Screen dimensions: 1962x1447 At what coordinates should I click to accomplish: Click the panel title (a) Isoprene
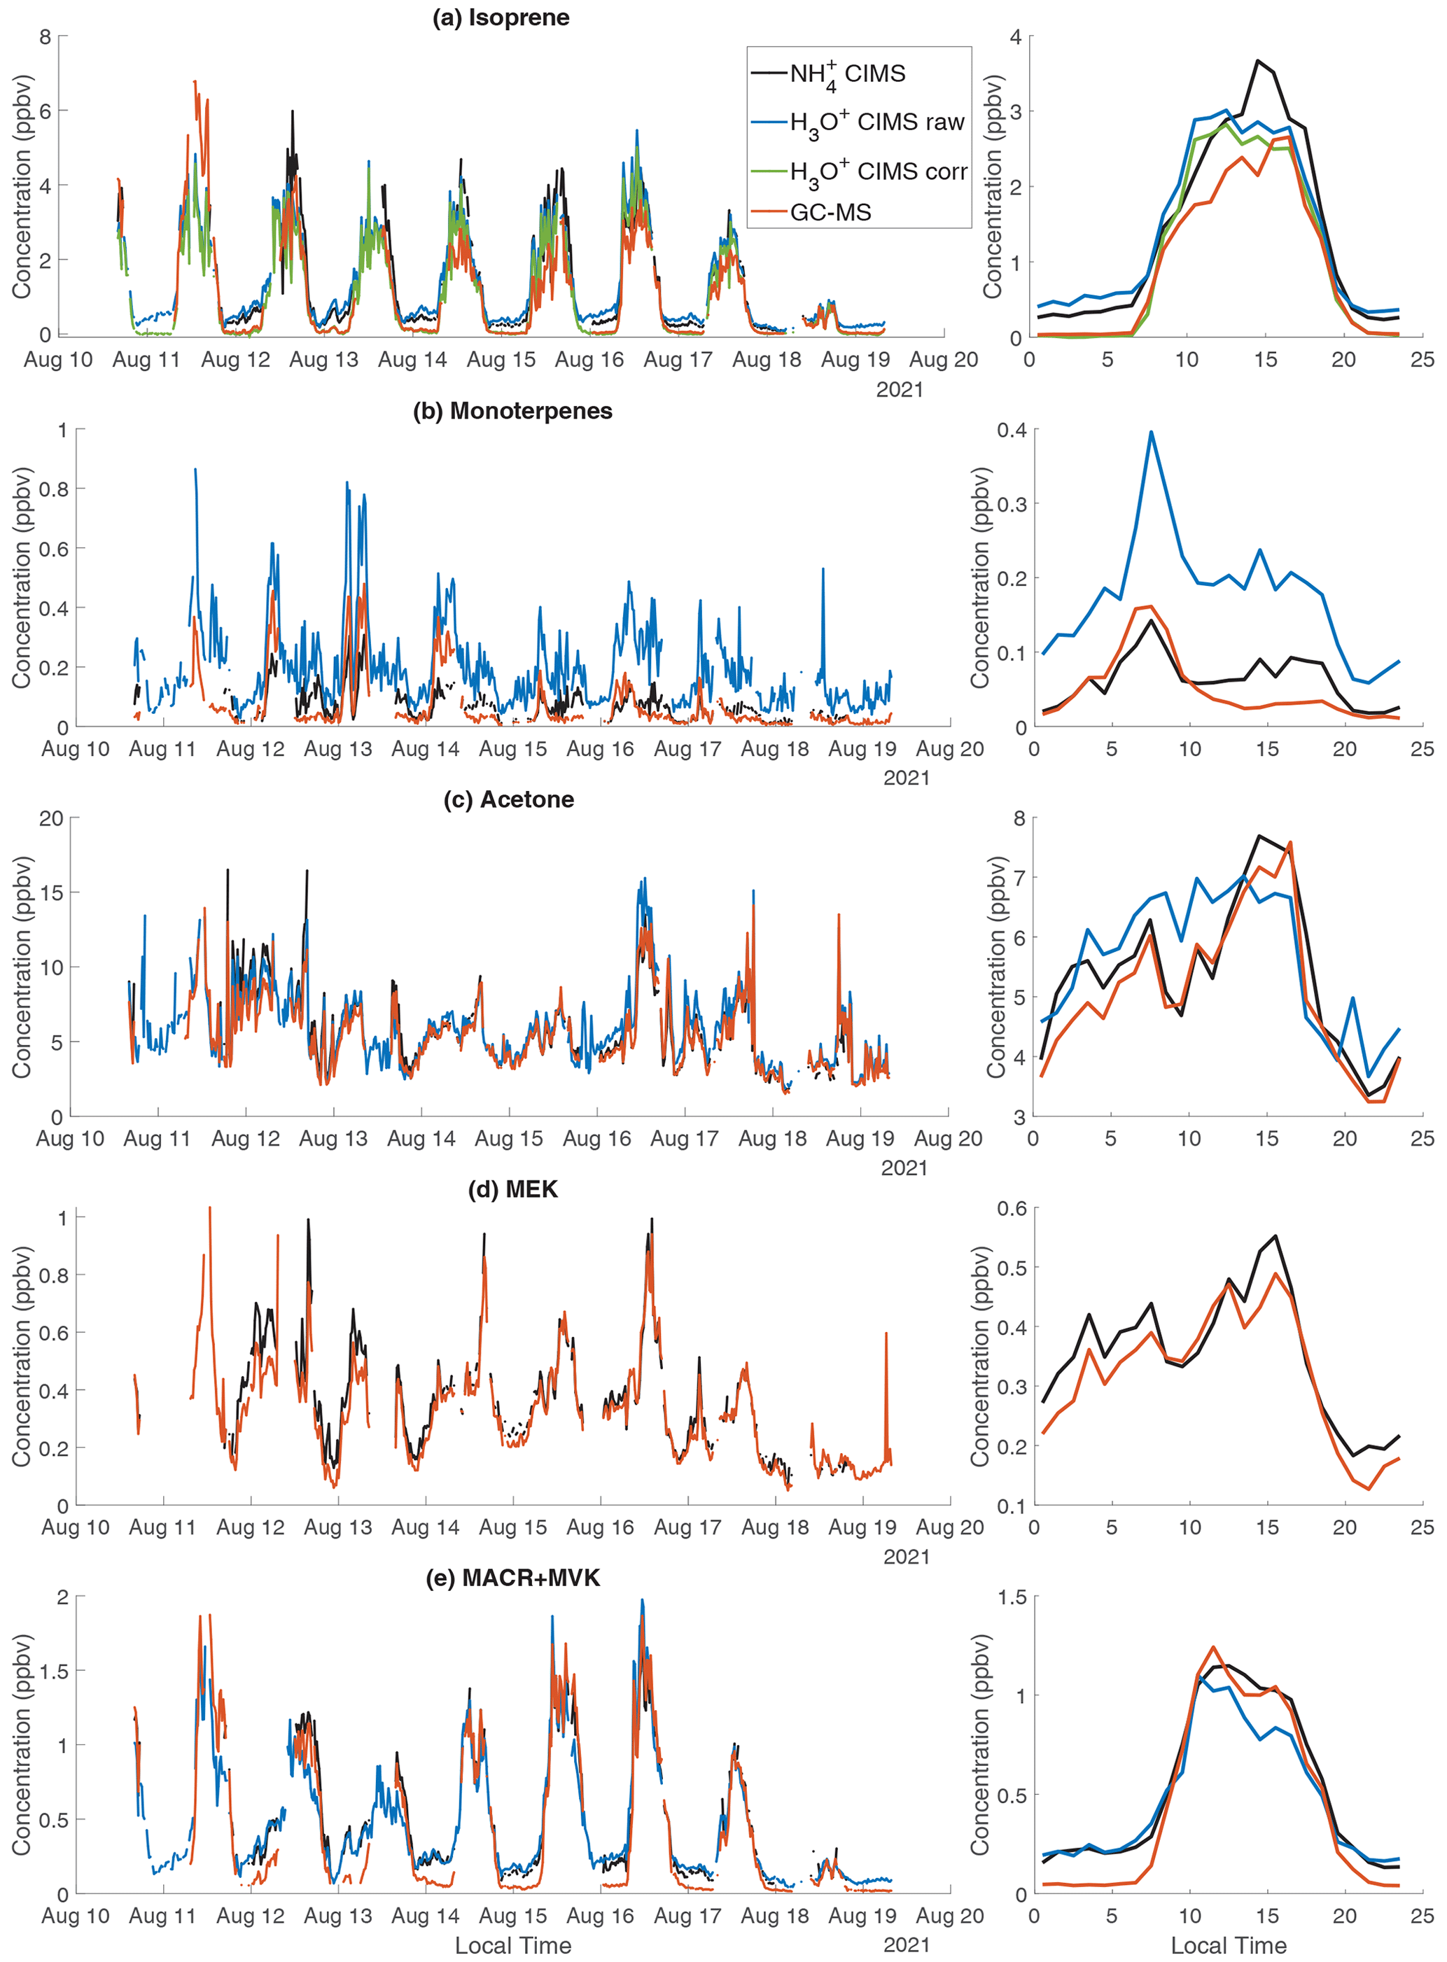501,17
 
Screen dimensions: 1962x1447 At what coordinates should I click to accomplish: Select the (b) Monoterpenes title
512,411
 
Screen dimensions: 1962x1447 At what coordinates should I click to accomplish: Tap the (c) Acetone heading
509,799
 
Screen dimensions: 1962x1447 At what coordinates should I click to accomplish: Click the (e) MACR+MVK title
512,1578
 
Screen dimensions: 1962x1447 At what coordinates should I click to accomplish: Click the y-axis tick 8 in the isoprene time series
45,37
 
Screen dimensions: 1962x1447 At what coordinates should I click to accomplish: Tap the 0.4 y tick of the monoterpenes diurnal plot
1012,430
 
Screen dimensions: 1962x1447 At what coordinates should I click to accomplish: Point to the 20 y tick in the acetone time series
51,818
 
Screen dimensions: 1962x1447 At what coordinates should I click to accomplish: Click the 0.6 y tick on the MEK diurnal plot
1012,1209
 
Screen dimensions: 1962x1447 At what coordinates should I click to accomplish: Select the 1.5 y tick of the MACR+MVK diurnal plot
1012,1597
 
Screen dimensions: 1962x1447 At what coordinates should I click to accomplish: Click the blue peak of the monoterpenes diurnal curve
1151,432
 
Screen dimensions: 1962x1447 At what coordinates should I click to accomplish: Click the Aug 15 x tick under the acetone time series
509,1139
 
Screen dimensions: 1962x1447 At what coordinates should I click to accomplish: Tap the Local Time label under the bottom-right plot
1228,1945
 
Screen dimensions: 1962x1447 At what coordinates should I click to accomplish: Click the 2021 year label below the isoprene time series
900,389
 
